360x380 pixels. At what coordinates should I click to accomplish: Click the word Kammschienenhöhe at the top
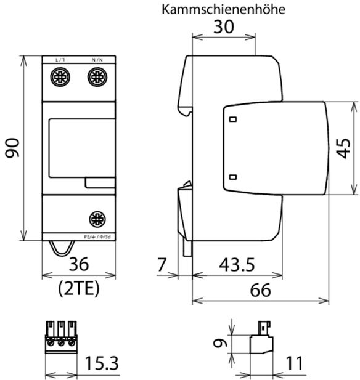(224, 10)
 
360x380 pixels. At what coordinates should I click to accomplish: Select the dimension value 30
(224, 27)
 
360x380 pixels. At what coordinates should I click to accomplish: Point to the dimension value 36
(78, 264)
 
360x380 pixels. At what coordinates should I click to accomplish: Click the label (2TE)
(78, 288)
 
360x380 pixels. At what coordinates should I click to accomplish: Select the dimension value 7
(162, 265)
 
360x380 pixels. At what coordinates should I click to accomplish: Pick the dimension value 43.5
(237, 265)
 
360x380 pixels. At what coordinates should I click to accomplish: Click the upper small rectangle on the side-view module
(232, 119)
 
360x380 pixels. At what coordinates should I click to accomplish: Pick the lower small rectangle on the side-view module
(232, 177)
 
